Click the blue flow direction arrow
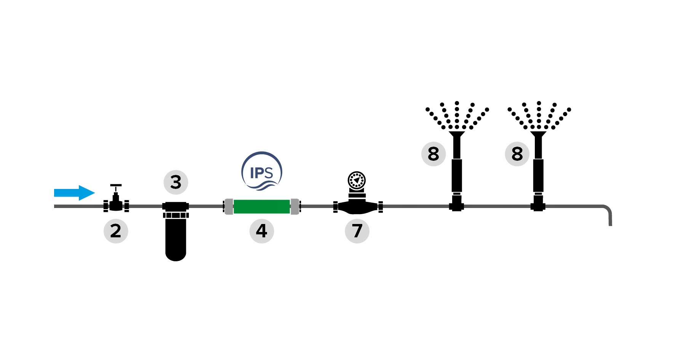(x=74, y=193)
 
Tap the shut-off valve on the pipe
(x=116, y=205)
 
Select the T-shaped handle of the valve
(x=116, y=186)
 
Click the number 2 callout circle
(x=116, y=231)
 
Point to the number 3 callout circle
(x=176, y=182)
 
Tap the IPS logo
(x=262, y=172)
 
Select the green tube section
(x=262, y=206)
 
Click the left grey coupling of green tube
(x=229, y=206)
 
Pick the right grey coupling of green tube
(x=295, y=206)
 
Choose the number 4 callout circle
(x=262, y=231)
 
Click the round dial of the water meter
(x=357, y=180)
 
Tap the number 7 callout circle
(x=357, y=231)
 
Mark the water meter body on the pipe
(x=357, y=207)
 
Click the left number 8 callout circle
(x=433, y=154)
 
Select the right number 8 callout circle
(x=517, y=154)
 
